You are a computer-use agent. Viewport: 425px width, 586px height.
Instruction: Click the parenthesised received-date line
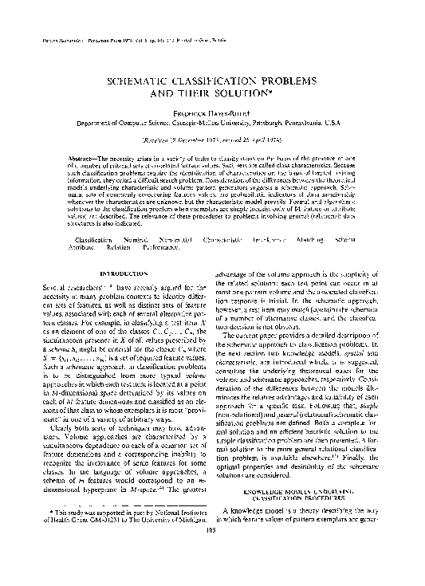(x=212, y=139)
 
